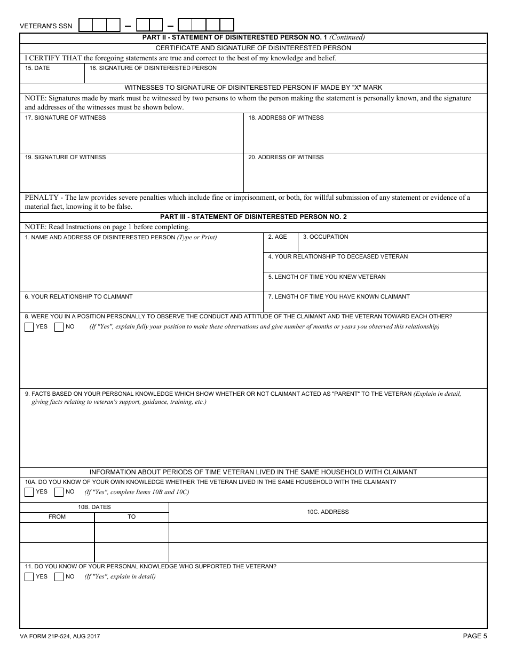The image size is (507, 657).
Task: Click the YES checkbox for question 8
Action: coord(29,327)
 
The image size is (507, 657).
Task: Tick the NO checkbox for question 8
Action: coord(59,327)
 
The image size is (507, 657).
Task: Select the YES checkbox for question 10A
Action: coord(29,492)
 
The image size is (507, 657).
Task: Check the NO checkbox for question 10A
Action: coord(59,492)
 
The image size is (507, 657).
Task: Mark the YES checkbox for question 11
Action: coord(29,577)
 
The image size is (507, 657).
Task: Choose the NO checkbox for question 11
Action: coord(59,577)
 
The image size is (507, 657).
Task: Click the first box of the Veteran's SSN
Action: coord(86,25)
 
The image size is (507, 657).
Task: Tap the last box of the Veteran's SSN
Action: coord(227,25)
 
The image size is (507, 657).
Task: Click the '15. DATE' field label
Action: coord(37,68)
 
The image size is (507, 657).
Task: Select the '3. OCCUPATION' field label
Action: coord(326,237)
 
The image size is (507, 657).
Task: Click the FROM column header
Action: coord(57,517)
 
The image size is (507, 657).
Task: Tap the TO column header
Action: coord(131,517)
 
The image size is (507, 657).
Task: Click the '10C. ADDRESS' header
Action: coord(328,512)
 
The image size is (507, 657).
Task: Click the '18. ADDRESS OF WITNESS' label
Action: coord(286,118)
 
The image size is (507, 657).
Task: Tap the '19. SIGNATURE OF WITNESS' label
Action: coord(65,158)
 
